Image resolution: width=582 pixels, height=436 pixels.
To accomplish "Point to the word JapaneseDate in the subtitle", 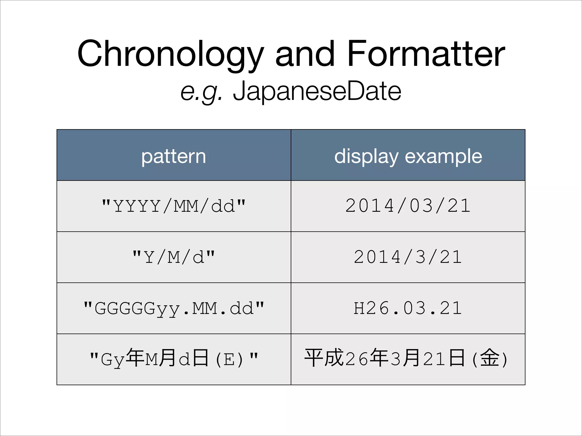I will pyautogui.click(x=317, y=91).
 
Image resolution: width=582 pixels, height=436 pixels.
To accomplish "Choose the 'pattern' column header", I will pyautogui.click(x=174, y=156).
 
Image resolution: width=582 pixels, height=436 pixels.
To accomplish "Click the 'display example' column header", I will pyautogui.click(x=408, y=156).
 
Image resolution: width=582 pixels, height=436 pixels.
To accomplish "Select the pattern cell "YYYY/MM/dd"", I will pyautogui.click(x=174, y=206).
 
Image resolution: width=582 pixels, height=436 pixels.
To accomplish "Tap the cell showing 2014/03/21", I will pyautogui.click(x=408, y=206).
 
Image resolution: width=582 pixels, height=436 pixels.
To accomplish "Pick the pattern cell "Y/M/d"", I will pyautogui.click(x=174, y=257).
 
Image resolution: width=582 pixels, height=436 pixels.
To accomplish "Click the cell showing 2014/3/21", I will pyautogui.click(x=408, y=257).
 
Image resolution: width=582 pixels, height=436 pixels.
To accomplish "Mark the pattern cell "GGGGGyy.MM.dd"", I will pyautogui.click(x=174, y=308).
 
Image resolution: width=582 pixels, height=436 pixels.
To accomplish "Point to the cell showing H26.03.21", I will pyautogui.click(x=408, y=308).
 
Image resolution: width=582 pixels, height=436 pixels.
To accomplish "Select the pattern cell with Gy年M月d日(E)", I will pyautogui.click(x=174, y=359).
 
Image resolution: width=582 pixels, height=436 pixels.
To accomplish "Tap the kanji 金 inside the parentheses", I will pyautogui.click(x=490, y=358).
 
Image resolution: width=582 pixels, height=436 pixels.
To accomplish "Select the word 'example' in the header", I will pyautogui.click(x=443, y=156).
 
